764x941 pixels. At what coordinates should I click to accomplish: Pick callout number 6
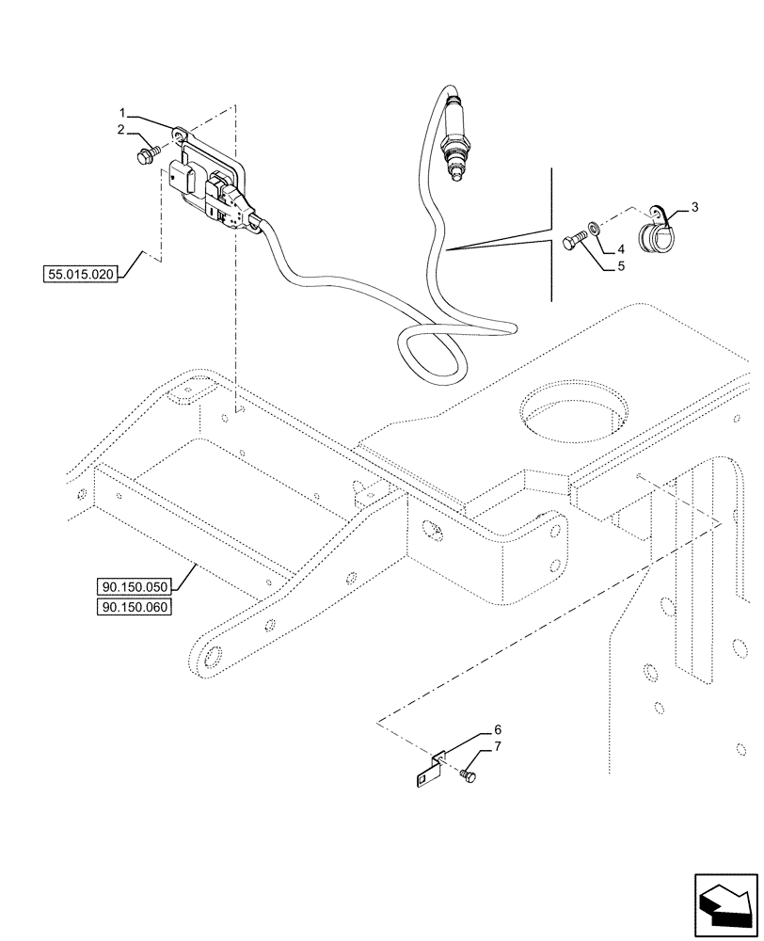498,729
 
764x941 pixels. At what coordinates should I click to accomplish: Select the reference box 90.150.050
132,589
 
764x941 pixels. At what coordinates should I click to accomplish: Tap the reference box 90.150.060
132,607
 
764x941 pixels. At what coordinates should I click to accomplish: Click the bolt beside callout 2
148,153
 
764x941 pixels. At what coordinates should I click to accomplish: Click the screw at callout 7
469,774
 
